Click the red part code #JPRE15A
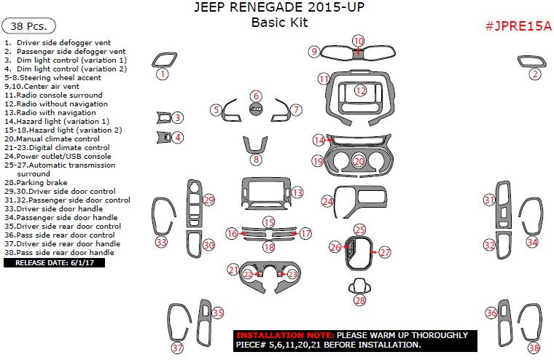point(518,26)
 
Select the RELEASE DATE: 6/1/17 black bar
point(55,262)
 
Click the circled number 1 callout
point(163,74)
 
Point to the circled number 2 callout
point(535,74)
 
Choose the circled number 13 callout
point(297,192)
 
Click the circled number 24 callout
point(329,201)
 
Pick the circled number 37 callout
point(177,348)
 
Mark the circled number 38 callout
point(534,348)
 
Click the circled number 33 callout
point(160,242)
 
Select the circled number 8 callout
point(255,160)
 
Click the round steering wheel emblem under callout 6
point(255,109)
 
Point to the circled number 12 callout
point(361,90)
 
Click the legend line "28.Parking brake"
point(36,183)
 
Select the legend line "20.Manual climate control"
point(52,138)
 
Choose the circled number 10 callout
point(358,41)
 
